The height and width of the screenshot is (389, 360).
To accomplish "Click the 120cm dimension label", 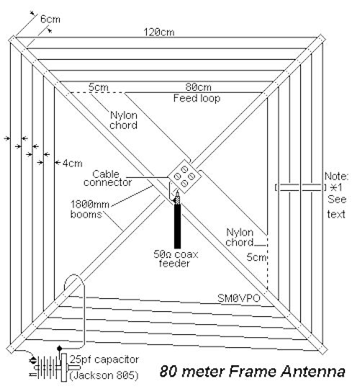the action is click(x=159, y=32).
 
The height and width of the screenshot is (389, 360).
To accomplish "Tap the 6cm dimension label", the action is click(x=50, y=19).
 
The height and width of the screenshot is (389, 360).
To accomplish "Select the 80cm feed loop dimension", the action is click(x=198, y=87).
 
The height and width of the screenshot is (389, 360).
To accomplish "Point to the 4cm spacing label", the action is click(x=72, y=164).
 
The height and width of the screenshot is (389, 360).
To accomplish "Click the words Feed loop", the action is click(x=197, y=98).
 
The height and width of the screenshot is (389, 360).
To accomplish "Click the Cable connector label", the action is click(x=107, y=178).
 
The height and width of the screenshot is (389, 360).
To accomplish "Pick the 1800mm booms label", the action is click(x=90, y=209).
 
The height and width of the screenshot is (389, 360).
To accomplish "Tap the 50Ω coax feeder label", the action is click(x=176, y=259).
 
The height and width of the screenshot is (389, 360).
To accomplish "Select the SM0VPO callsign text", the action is click(x=239, y=298).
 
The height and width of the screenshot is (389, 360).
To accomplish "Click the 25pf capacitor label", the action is click(x=104, y=359).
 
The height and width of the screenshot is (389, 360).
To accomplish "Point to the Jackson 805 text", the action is click(x=104, y=375).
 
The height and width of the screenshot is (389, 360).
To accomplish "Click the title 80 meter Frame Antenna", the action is click(x=253, y=372).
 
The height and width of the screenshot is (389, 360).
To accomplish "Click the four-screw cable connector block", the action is click(x=184, y=176).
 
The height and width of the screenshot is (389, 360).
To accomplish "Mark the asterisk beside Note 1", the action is click(x=333, y=187).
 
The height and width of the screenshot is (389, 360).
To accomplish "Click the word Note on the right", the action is click(x=336, y=176).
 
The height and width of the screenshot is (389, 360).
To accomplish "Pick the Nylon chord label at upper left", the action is click(x=123, y=120).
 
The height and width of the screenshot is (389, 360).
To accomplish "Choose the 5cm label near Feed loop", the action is click(x=99, y=87).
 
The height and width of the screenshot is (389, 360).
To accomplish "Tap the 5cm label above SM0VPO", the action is click(x=256, y=257).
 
